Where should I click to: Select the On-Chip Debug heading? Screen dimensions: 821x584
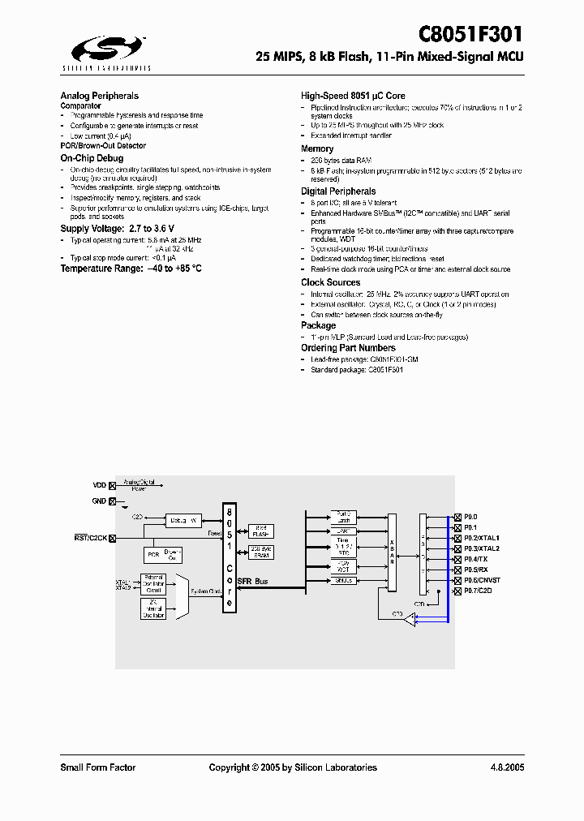[92, 157]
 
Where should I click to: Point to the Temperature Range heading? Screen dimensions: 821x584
[131, 268]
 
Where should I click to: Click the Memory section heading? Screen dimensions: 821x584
[317, 148]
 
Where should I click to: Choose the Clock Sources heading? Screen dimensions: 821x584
[330, 282]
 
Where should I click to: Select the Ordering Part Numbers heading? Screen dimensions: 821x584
[348, 348]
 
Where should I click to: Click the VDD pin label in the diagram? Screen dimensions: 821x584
[100, 484]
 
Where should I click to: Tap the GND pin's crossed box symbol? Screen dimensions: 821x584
[112, 501]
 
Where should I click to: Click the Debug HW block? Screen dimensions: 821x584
[183, 520]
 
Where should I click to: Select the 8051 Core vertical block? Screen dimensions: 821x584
[230, 558]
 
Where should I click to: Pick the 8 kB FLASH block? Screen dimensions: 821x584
[261, 531]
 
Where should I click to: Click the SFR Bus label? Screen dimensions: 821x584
[252, 582]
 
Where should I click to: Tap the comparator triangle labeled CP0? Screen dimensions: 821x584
[410, 620]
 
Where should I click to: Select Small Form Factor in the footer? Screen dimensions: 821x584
[98, 767]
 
